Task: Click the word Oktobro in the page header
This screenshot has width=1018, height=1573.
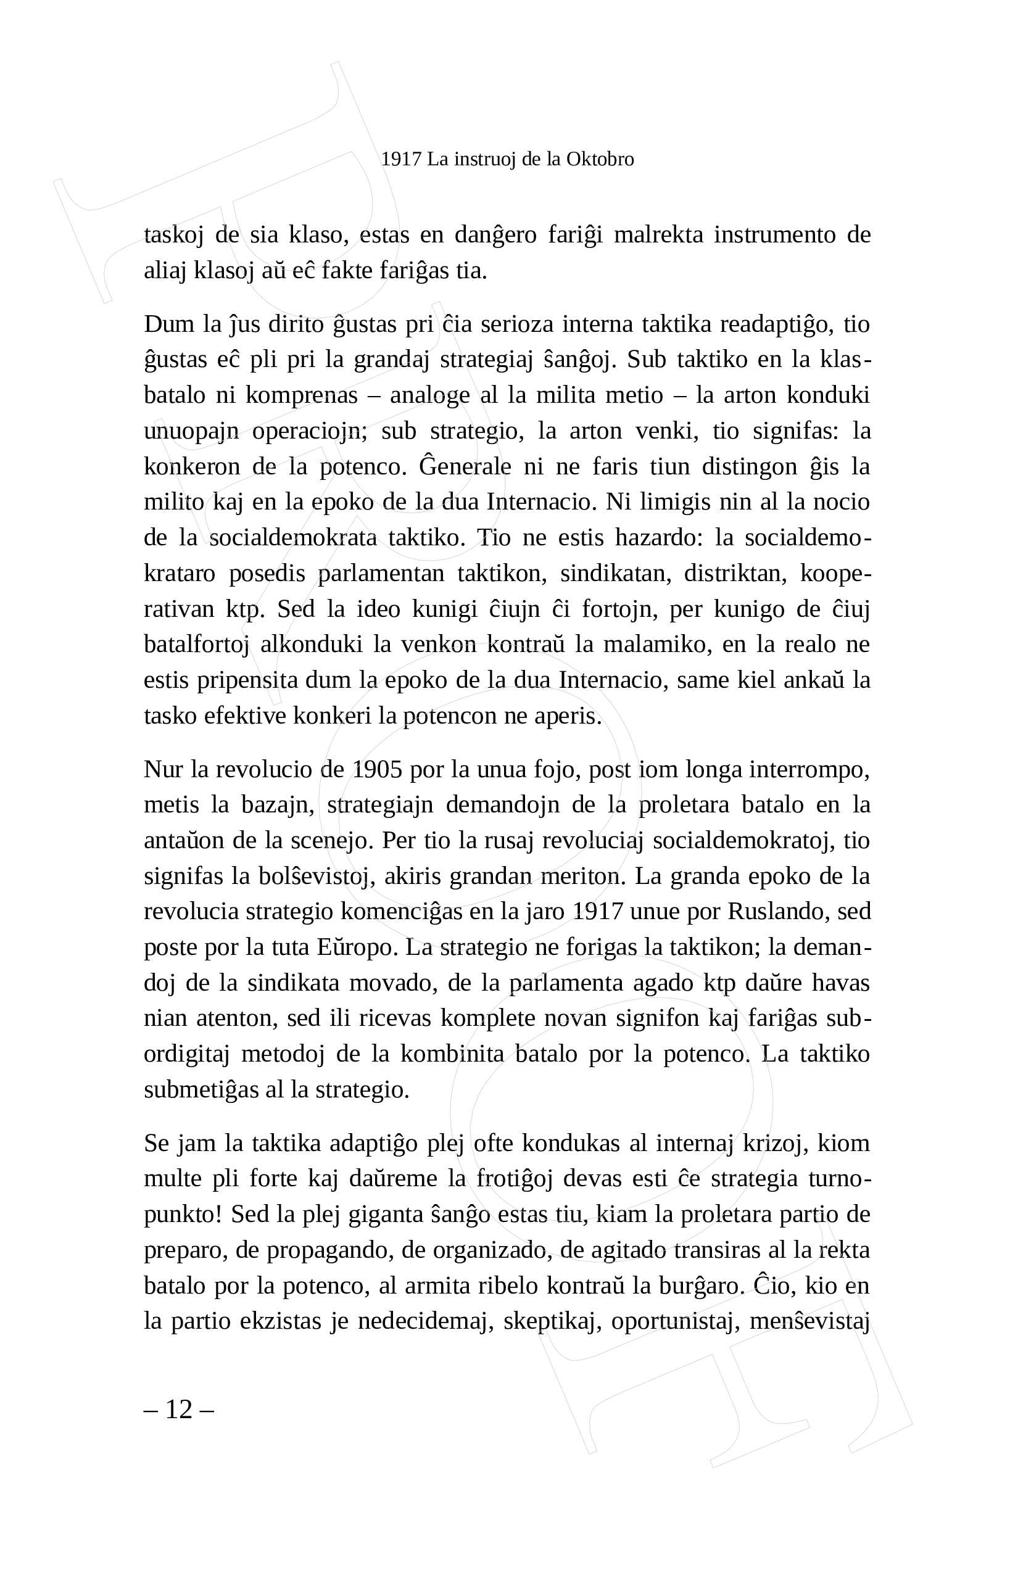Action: tap(600, 159)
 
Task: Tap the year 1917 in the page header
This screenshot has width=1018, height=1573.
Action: tap(401, 159)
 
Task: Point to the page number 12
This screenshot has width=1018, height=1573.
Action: tap(178, 1409)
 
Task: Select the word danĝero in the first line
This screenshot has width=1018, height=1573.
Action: tap(496, 235)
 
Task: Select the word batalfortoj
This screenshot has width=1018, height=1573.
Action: tap(196, 645)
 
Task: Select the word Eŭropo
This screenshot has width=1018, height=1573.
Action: tap(357, 948)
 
